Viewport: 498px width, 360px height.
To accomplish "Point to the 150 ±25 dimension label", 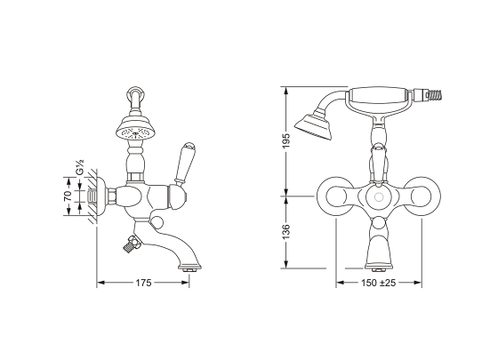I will [x=378, y=283].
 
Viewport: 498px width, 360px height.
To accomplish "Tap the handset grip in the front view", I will [x=381, y=93].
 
